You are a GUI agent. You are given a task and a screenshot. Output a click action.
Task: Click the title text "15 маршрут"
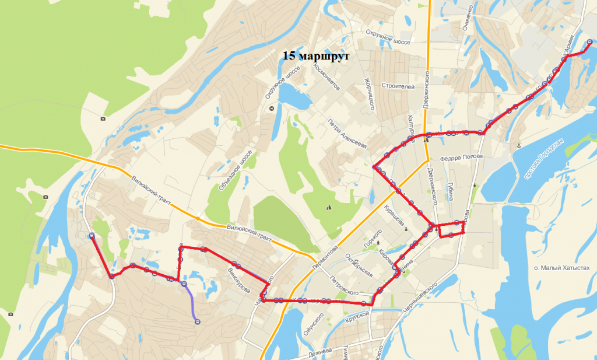[315, 57]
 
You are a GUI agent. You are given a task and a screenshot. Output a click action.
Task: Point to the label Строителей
[398, 86]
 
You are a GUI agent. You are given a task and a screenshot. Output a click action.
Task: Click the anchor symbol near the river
[518, 144]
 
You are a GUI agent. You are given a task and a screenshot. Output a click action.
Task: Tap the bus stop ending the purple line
[196, 320]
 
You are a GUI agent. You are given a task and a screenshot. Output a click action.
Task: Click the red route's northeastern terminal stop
[589, 41]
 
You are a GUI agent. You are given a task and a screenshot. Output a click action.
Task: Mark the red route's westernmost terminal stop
[92, 236]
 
